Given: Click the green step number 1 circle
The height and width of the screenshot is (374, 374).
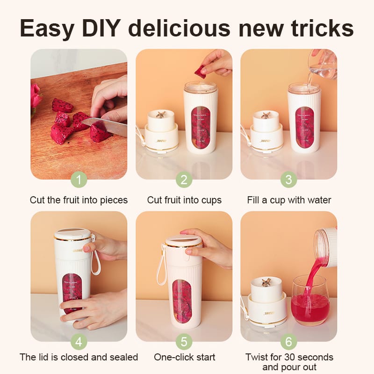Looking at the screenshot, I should pyautogui.click(x=79, y=180).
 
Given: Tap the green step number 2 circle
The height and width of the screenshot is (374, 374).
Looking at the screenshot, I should pyautogui.click(x=184, y=180).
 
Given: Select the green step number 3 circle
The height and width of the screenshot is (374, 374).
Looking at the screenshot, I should pyautogui.click(x=288, y=180).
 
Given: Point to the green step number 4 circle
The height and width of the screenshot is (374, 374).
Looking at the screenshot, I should pyautogui.click(x=79, y=342).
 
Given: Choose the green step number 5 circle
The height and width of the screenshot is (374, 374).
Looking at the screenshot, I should pyautogui.click(x=184, y=342).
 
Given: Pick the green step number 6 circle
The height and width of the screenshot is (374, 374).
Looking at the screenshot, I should pyautogui.click(x=288, y=342).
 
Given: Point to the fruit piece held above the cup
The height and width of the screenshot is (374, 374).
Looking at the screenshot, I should pyautogui.click(x=200, y=72).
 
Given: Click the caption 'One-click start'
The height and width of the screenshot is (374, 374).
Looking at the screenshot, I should pyautogui.click(x=184, y=357).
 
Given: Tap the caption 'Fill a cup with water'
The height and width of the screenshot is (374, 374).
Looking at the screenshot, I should pyautogui.click(x=289, y=200).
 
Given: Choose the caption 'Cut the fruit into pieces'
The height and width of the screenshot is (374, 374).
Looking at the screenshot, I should pyautogui.click(x=79, y=200).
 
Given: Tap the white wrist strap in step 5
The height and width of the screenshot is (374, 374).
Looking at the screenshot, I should pyautogui.click(x=162, y=264).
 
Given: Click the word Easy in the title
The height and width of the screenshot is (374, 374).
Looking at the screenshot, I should pyautogui.click(x=46, y=29).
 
